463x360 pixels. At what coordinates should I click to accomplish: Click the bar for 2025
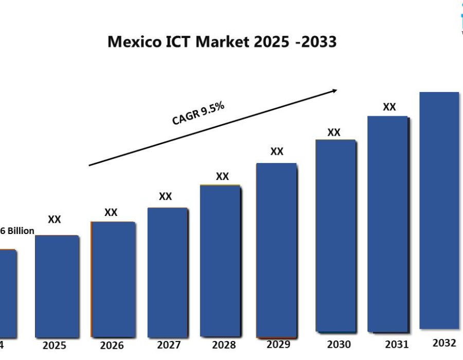[x=57, y=286]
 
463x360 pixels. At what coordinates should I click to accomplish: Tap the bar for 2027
[x=167, y=272]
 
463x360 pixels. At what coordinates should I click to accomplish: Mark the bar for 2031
[x=388, y=224]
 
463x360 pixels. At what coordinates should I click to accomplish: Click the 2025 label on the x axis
[x=54, y=346]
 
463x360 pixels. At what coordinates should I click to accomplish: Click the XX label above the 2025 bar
[x=55, y=220]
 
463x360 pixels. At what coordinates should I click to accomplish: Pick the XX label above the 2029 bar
[x=277, y=151]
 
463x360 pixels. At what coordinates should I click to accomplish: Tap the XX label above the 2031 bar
[x=389, y=107]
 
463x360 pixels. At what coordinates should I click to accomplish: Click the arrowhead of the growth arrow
[x=334, y=91]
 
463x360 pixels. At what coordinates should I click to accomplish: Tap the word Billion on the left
[x=21, y=231]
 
